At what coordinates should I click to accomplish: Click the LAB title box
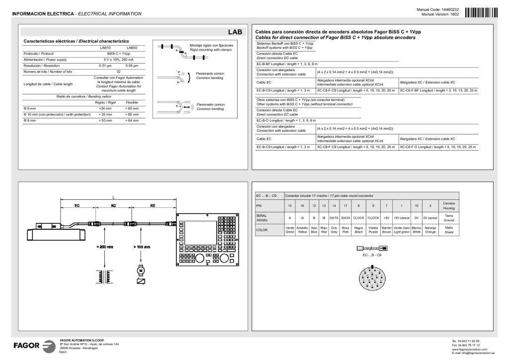pos(235,32)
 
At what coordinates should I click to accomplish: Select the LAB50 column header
pos(131,47)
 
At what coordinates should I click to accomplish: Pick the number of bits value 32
pos(118,72)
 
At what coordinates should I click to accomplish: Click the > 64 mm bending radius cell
pos(132,120)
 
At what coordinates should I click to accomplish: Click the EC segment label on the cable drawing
pos(77,205)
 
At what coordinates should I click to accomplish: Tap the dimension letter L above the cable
pos(113,197)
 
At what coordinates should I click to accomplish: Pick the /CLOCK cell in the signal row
pos(373,218)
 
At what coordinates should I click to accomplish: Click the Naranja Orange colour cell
pos(430,230)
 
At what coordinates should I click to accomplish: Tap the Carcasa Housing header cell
pos(449,205)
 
